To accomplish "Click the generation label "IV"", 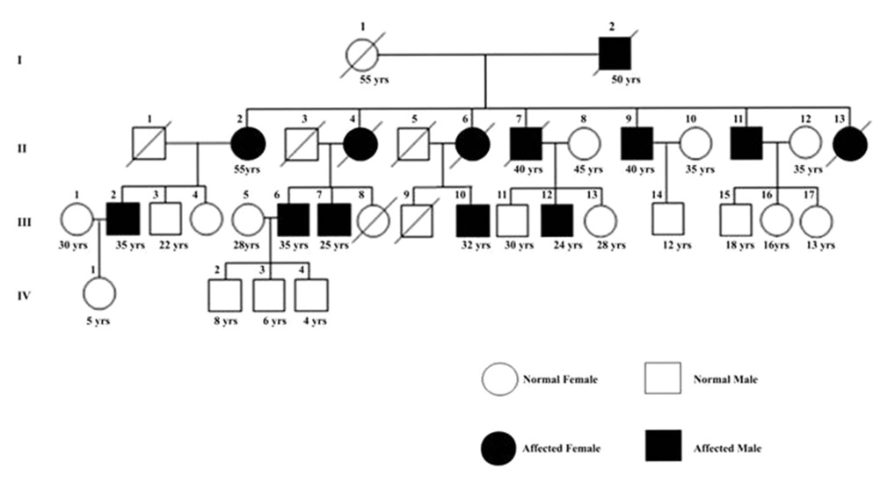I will [25, 295].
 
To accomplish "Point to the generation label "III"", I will [25, 221].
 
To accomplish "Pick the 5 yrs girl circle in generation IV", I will [99, 295].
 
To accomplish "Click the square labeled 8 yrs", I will [225, 295].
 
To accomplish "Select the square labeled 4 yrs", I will [311, 295].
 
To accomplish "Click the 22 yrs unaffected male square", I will [164, 220].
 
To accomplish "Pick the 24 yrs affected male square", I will [557, 220].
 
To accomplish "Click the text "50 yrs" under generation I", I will [625, 80].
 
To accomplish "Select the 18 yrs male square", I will [735, 220].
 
